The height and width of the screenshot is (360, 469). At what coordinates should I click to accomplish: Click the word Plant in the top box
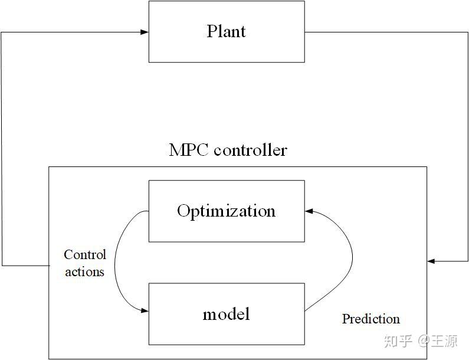coord(226,31)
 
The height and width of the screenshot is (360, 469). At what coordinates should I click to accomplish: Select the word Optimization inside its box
coord(226,211)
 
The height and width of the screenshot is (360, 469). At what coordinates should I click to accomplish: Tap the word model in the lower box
coord(226,313)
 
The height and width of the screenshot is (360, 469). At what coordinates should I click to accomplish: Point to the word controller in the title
coord(250,150)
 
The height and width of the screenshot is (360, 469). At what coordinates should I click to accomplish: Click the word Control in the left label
coord(85,255)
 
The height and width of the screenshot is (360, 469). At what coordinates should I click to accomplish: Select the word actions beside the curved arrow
coord(84,271)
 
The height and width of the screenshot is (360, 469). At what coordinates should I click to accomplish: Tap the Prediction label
coord(370,319)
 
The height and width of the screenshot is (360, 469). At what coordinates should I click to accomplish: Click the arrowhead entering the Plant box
coord(145,32)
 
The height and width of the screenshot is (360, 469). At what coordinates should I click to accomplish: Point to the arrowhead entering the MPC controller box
coord(431,261)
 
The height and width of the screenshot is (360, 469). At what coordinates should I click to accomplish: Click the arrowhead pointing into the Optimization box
coord(309,211)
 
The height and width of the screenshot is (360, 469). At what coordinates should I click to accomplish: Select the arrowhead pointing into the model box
coord(145,310)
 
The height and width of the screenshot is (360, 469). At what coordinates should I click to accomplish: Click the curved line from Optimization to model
coord(116,260)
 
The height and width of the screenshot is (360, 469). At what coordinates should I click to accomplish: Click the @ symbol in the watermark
coord(424,341)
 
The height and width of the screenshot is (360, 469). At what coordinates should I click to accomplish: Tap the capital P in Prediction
coord(346,319)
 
